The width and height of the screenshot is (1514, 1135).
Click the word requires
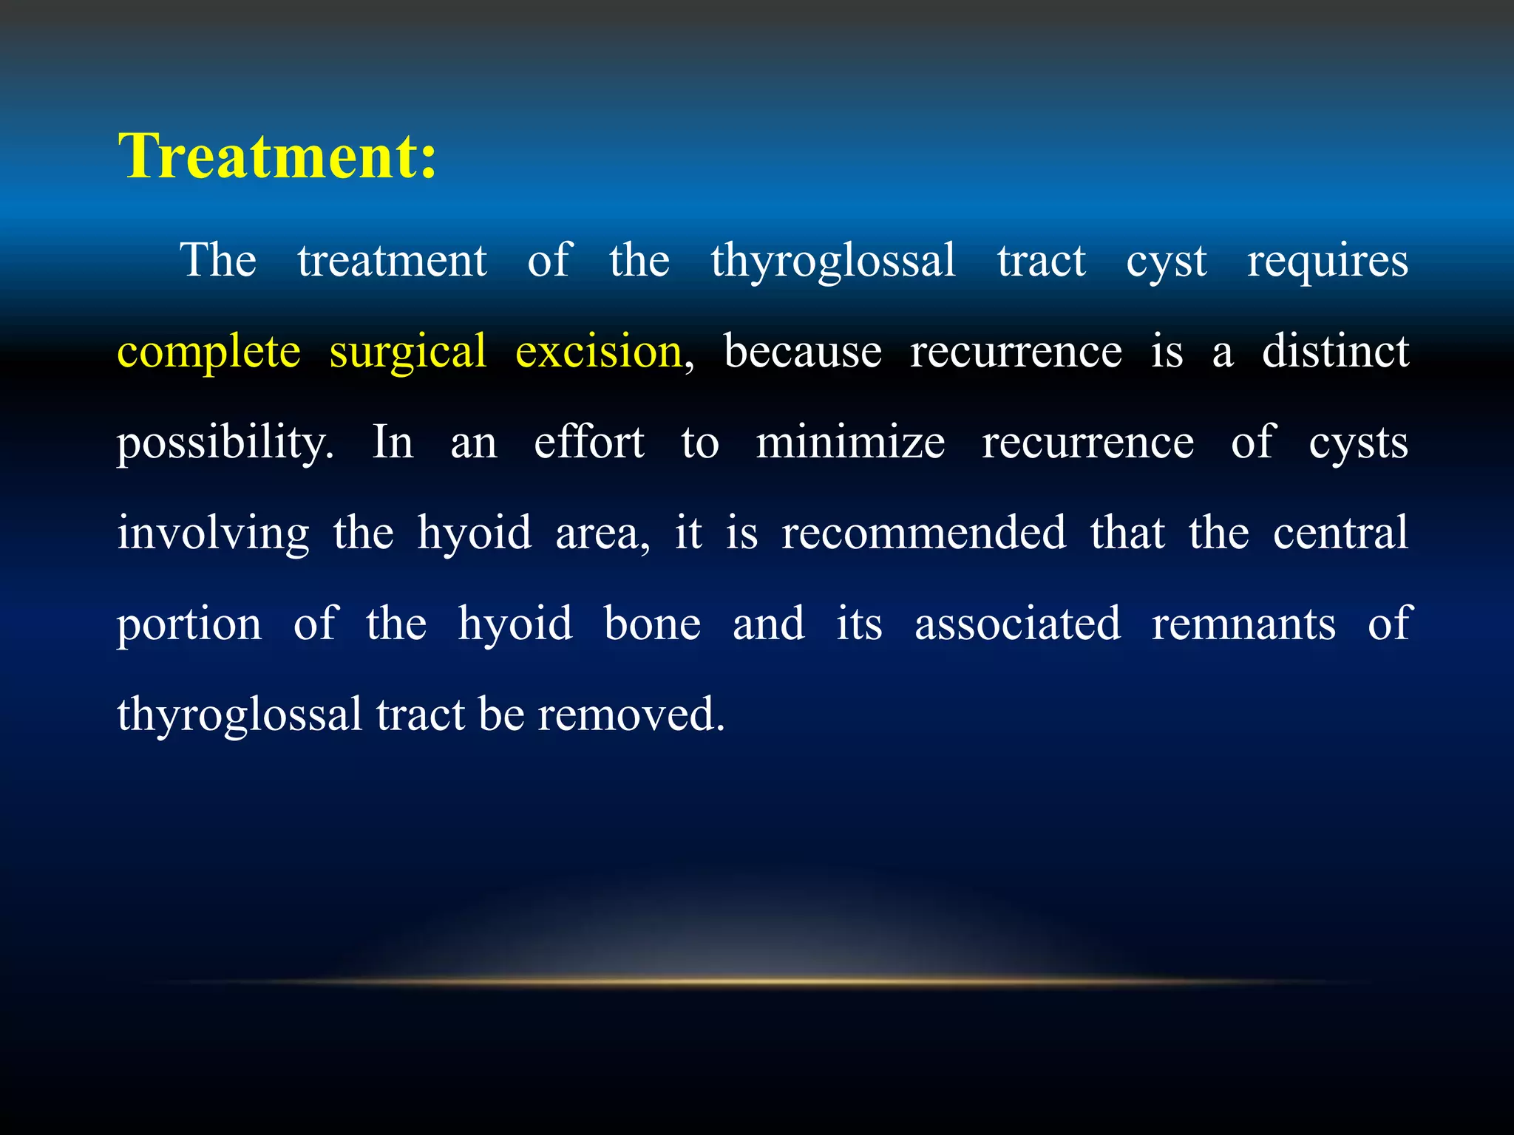pyautogui.click(x=1328, y=261)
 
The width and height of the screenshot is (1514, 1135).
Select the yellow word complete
pyautogui.click(x=209, y=352)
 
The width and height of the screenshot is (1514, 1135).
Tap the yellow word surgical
pyautogui.click(x=407, y=352)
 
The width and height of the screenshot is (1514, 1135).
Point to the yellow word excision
pyautogui.click(x=598, y=352)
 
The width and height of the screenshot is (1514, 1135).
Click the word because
pyautogui.click(x=802, y=352)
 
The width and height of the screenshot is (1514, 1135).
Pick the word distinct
pyautogui.click(x=1335, y=352)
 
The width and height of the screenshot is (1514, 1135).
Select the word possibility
pyautogui.click(x=225, y=443)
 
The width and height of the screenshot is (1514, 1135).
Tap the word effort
pyautogui.click(x=589, y=443)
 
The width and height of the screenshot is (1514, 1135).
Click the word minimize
pyautogui.click(x=850, y=443)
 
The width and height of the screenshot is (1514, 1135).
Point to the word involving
pyautogui.click(x=213, y=534)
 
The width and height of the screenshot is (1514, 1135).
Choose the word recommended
pyautogui.click(x=924, y=534)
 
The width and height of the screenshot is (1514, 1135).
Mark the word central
pyautogui.click(x=1340, y=534)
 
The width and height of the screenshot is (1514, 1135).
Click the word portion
pyautogui.click(x=189, y=625)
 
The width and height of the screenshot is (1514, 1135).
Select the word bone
pyautogui.click(x=652, y=625)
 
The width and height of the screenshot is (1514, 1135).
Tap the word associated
pyautogui.click(x=1017, y=625)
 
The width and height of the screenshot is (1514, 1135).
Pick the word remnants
pyautogui.click(x=1243, y=625)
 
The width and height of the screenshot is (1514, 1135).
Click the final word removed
pyautogui.click(x=630, y=715)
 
